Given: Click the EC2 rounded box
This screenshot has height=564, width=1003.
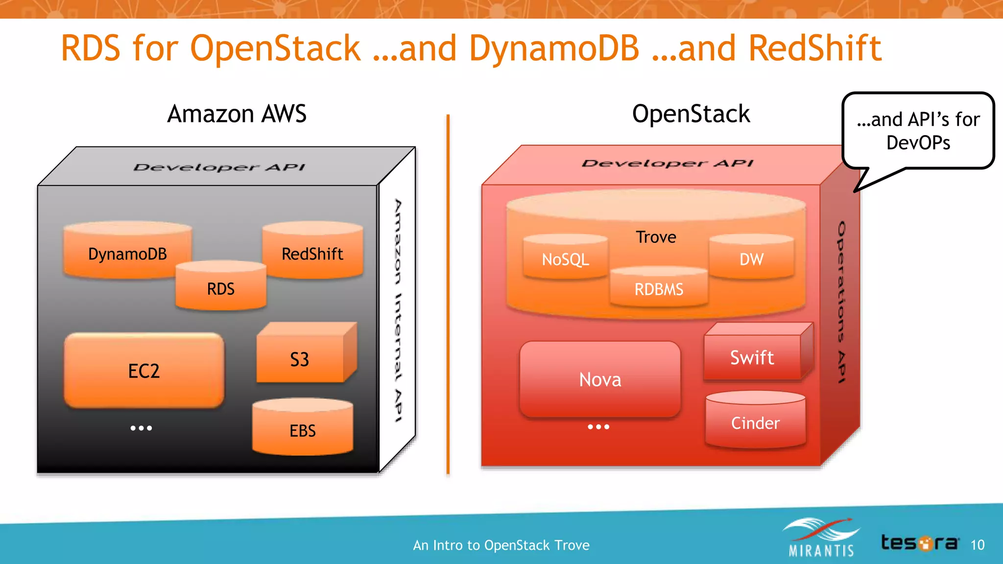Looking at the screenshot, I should click(x=143, y=371).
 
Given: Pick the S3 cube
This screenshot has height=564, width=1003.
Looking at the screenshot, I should click(x=300, y=359).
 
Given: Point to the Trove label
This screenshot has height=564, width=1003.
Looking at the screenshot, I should click(x=656, y=237).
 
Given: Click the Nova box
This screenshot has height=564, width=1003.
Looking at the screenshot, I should click(x=600, y=379).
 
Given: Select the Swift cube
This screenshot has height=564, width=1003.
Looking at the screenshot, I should click(x=752, y=357).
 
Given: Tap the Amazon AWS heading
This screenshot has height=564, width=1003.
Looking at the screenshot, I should click(x=237, y=114).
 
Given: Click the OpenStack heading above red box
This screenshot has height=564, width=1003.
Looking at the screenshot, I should click(x=691, y=114).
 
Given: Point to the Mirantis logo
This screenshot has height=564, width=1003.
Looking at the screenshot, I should click(x=821, y=539).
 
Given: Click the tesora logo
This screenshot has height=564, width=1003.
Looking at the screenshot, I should click(x=919, y=542).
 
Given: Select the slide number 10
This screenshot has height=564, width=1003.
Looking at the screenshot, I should click(x=977, y=545).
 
